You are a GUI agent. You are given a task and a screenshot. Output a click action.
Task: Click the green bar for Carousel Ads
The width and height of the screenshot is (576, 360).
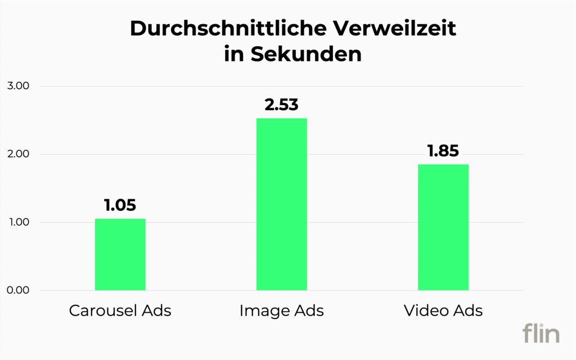120,254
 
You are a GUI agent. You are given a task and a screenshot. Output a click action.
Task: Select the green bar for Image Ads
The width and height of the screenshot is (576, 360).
281,204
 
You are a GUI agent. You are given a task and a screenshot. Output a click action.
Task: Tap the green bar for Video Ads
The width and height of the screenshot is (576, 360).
443,227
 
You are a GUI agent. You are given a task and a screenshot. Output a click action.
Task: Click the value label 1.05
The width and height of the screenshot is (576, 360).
120,205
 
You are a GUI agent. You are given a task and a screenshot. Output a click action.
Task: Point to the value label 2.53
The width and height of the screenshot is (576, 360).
281,105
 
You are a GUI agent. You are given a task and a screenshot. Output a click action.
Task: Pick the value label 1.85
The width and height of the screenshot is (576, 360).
443,151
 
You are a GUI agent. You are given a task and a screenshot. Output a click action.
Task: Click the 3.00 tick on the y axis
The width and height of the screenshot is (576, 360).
18,86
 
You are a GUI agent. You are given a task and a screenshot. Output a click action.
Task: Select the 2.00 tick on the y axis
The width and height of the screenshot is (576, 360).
18,154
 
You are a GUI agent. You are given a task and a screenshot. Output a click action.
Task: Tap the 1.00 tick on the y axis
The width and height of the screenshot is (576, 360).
18,222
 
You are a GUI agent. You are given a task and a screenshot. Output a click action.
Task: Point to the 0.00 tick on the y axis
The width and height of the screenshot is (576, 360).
18,290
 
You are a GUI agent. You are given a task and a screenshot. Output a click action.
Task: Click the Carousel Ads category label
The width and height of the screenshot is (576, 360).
120,310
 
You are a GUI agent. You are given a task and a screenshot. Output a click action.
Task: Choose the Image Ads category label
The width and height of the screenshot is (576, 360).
281,310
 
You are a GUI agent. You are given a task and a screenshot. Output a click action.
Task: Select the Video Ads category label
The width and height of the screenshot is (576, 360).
443,310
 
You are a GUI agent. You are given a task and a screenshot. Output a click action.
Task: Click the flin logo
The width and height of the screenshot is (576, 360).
541,333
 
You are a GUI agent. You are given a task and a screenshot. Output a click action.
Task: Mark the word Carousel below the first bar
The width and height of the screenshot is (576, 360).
103,310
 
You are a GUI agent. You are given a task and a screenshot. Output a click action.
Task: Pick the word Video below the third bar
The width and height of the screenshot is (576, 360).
422,310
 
